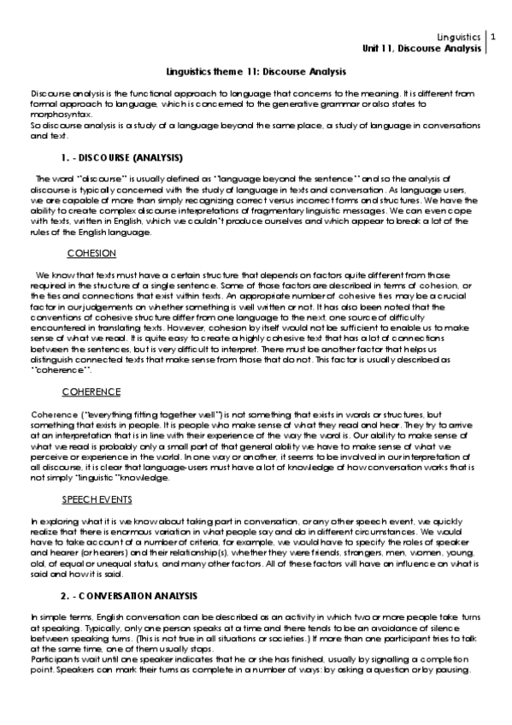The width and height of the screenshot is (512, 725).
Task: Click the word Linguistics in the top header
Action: point(458,38)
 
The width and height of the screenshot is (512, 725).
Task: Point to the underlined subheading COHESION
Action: point(91,254)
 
